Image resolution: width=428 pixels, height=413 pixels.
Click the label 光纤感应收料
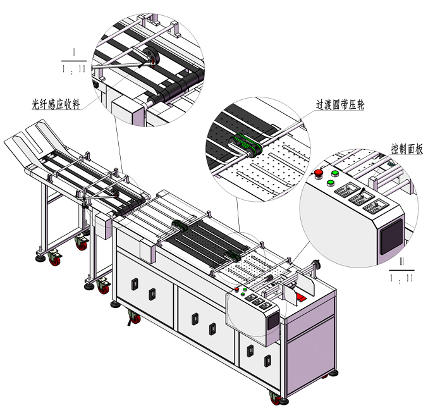point(56,104)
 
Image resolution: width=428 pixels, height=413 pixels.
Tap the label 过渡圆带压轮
point(340,104)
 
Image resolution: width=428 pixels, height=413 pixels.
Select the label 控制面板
point(407,149)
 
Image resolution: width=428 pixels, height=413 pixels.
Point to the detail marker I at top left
point(74,52)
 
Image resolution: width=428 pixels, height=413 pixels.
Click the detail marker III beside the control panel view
point(401,261)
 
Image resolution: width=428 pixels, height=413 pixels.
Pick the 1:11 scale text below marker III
point(401,278)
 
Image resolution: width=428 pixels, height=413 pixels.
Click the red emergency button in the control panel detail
point(318,174)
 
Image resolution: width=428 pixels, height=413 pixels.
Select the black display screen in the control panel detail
point(392,237)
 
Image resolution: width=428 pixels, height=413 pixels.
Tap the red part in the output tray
point(302,297)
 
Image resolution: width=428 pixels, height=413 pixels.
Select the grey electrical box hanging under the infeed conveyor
point(103,226)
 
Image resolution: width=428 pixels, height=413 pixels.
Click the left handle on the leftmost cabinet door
point(135,284)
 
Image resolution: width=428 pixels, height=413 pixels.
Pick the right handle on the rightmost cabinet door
point(268,361)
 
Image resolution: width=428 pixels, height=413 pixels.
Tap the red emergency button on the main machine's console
point(236,289)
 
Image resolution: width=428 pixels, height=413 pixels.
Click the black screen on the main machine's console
point(272,321)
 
